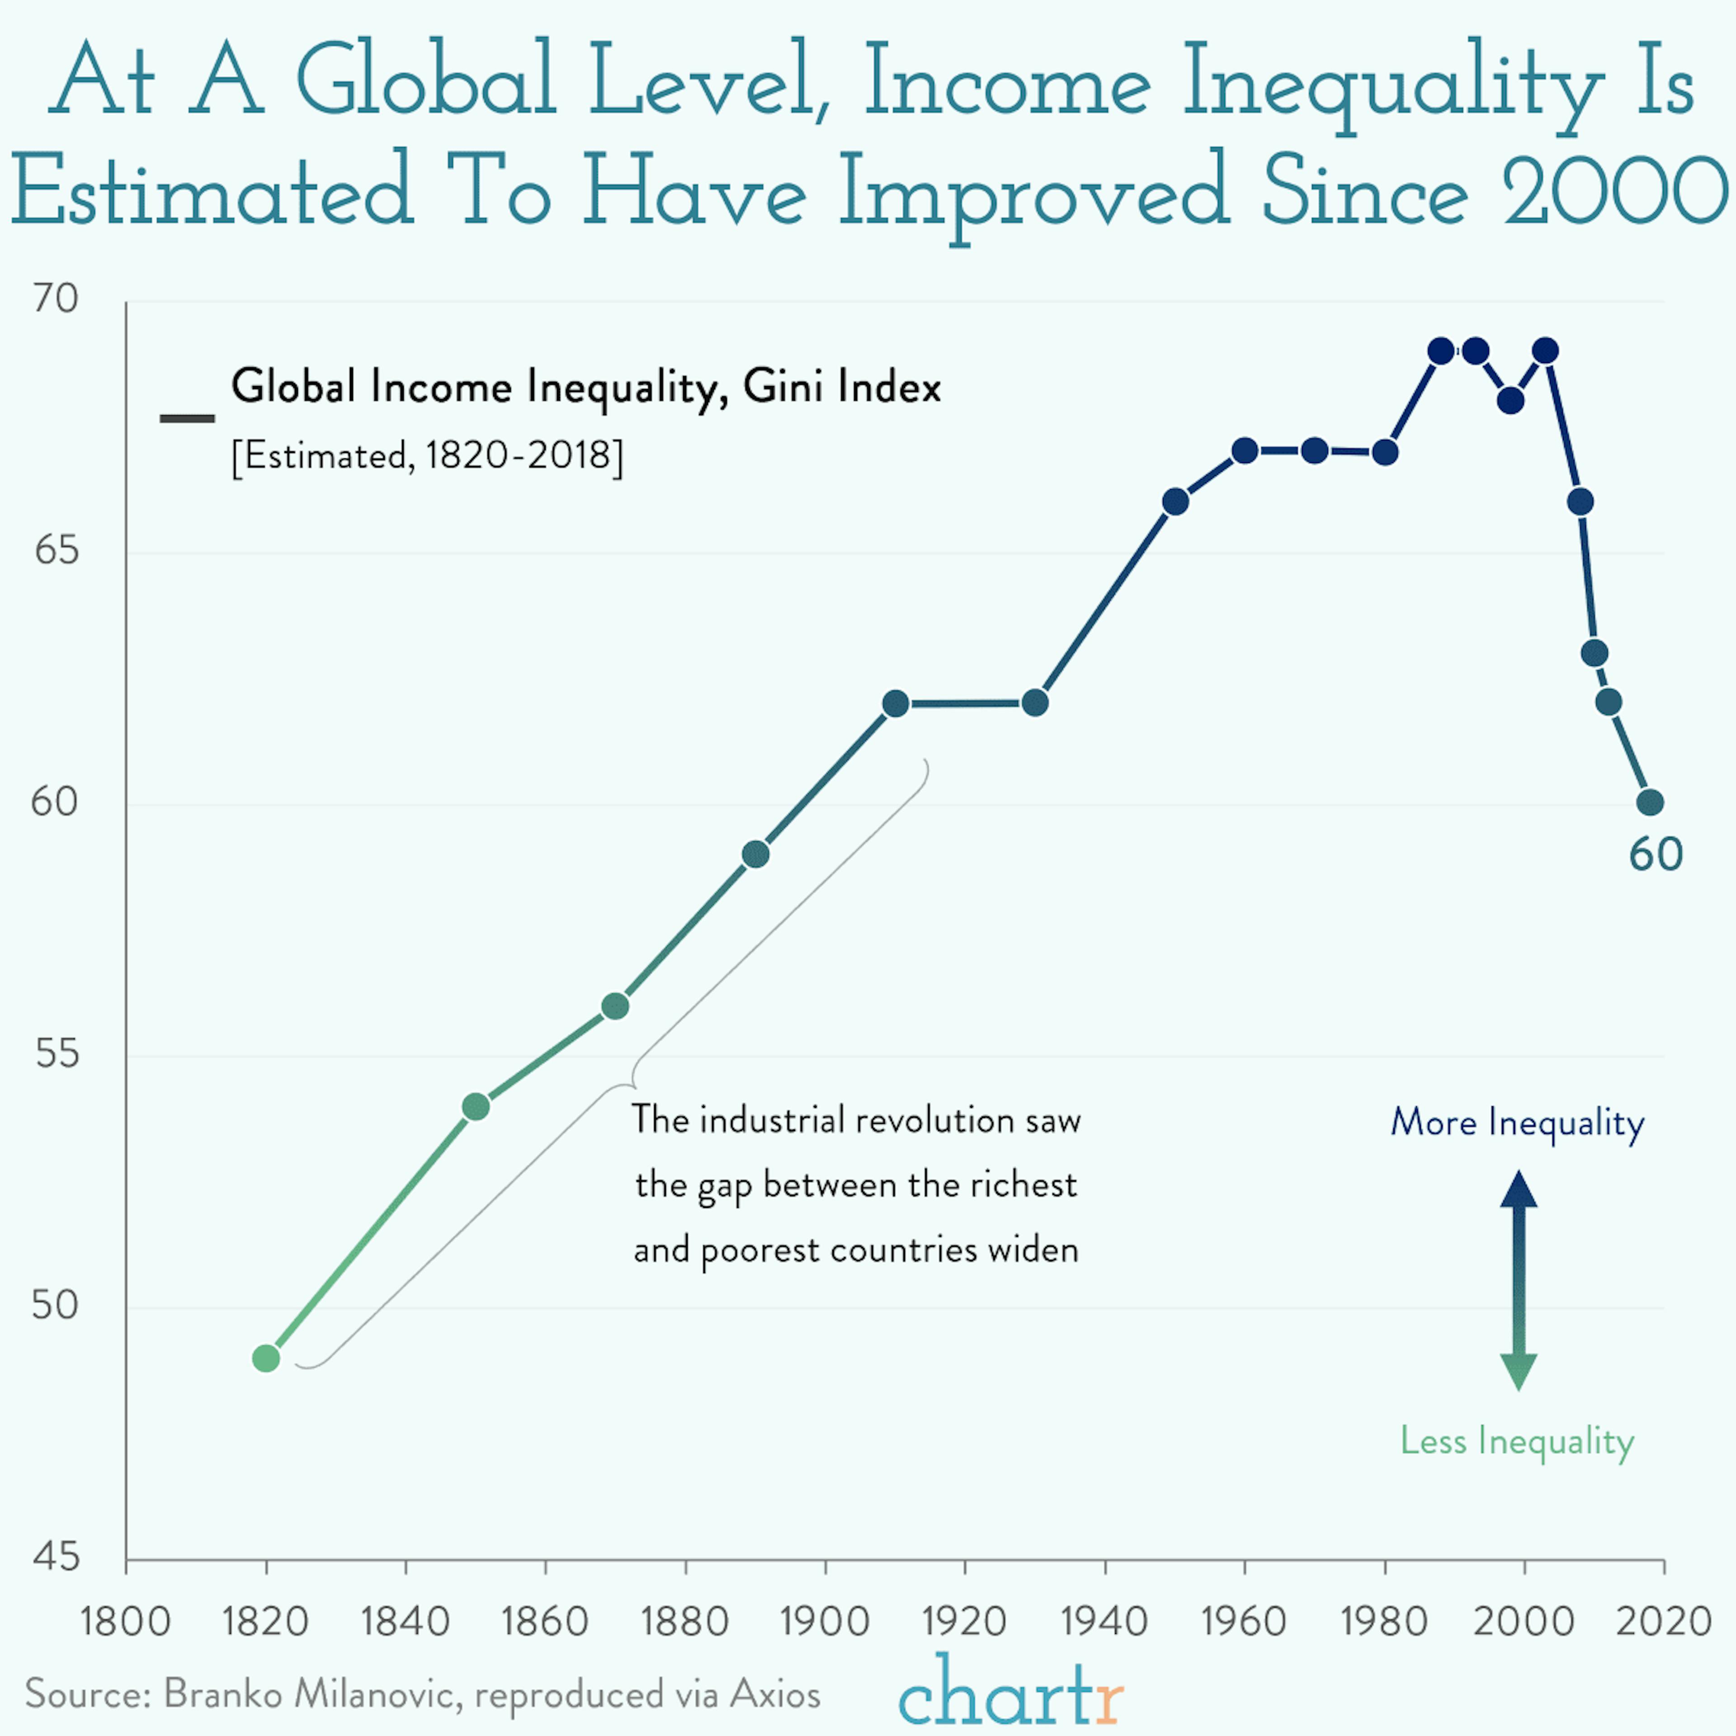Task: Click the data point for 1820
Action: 266,1359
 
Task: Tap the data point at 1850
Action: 476,1107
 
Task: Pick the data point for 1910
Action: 895,703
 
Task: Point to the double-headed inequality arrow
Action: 1519,1280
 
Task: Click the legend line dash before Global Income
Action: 187,418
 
